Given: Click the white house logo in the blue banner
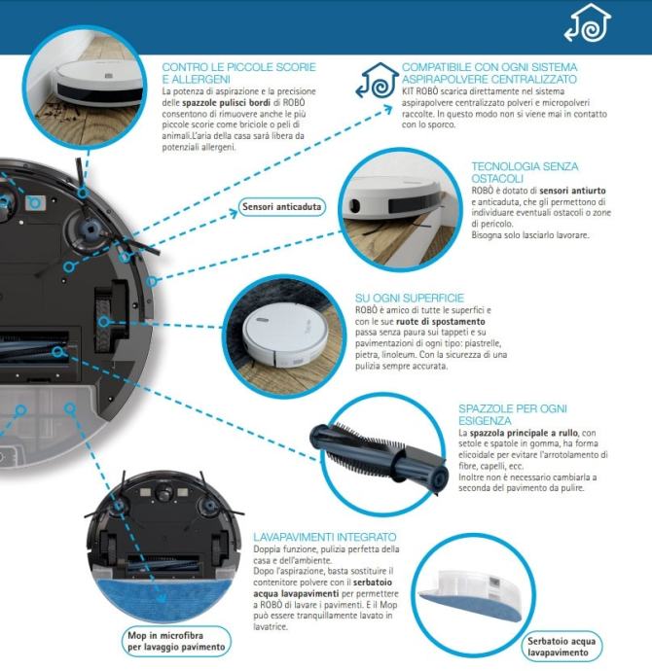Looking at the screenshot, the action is [588, 22].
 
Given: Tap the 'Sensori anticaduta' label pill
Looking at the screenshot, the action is [281, 207].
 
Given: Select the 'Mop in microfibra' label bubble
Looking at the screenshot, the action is [176, 641].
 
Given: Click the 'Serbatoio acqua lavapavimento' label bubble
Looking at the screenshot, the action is [561, 647].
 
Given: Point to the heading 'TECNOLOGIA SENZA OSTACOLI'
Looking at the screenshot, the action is [525, 172].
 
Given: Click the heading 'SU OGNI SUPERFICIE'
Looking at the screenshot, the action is [410, 298].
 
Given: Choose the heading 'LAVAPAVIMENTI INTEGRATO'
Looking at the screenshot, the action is [324, 537].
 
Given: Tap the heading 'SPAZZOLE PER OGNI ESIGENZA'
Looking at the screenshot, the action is [513, 414].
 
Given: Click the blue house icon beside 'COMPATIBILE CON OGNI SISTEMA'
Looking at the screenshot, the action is [378, 81].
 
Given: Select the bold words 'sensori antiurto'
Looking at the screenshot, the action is [572, 191].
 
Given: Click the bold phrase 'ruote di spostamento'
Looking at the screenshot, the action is [441, 321].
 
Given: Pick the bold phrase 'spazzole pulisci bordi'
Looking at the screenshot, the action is [226, 103].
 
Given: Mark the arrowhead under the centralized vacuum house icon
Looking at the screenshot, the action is [387, 109].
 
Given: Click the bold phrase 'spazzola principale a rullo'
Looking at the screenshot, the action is [524, 433].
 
